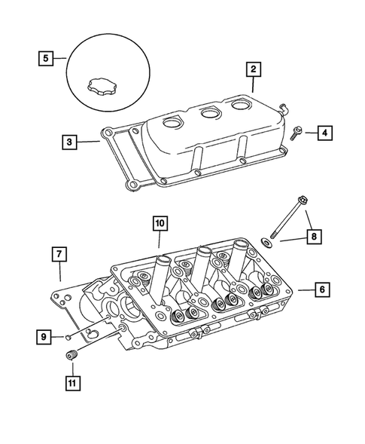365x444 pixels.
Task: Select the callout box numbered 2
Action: click(254, 70)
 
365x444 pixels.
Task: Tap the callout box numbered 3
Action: click(68, 140)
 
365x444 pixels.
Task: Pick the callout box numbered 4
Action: click(324, 133)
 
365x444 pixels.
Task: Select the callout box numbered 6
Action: click(321, 289)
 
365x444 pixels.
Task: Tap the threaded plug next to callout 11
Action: click(74, 356)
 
